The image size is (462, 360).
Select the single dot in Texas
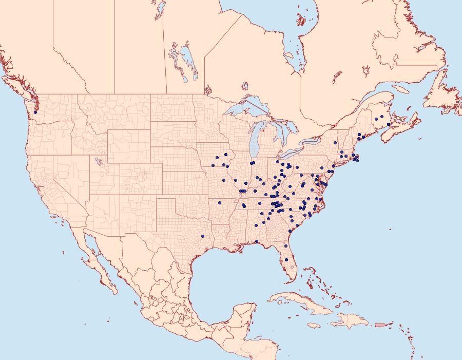(x=203, y=236)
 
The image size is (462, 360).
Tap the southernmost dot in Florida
(x=286, y=260)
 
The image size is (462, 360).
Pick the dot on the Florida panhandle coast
(x=257, y=241)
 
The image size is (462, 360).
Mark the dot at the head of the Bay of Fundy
(x=389, y=124)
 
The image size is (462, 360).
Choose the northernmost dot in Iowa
(x=226, y=155)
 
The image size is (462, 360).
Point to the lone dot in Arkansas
(x=219, y=203)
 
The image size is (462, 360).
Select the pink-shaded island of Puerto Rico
(x=380, y=324)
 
